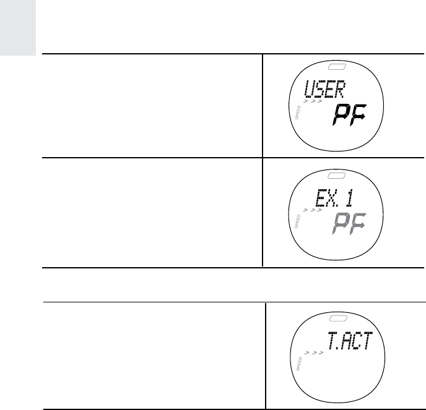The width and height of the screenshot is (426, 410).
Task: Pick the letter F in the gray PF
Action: click(358, 223)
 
